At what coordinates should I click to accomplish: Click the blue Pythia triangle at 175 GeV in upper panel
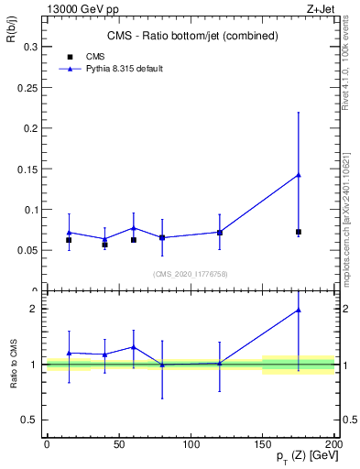pyautogui.click(x=299, y=174)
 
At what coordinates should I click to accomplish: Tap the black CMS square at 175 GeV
pyautogui.click(x=299, y=232)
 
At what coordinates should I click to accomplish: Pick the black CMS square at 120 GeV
pyautogui.click(x=220, y=233)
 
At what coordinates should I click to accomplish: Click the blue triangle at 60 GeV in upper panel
pyautogui.click(x=134, y=227)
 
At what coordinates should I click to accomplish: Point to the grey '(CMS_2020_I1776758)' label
pyautogui.click(x=189, y=274)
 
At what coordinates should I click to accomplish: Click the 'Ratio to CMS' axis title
pyautogui.click(x=13, y=365)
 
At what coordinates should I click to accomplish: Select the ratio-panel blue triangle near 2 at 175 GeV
pyautogui.click(x=299, y=310)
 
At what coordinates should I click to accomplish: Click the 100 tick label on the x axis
pyautogui.click(x=191, y=444)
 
